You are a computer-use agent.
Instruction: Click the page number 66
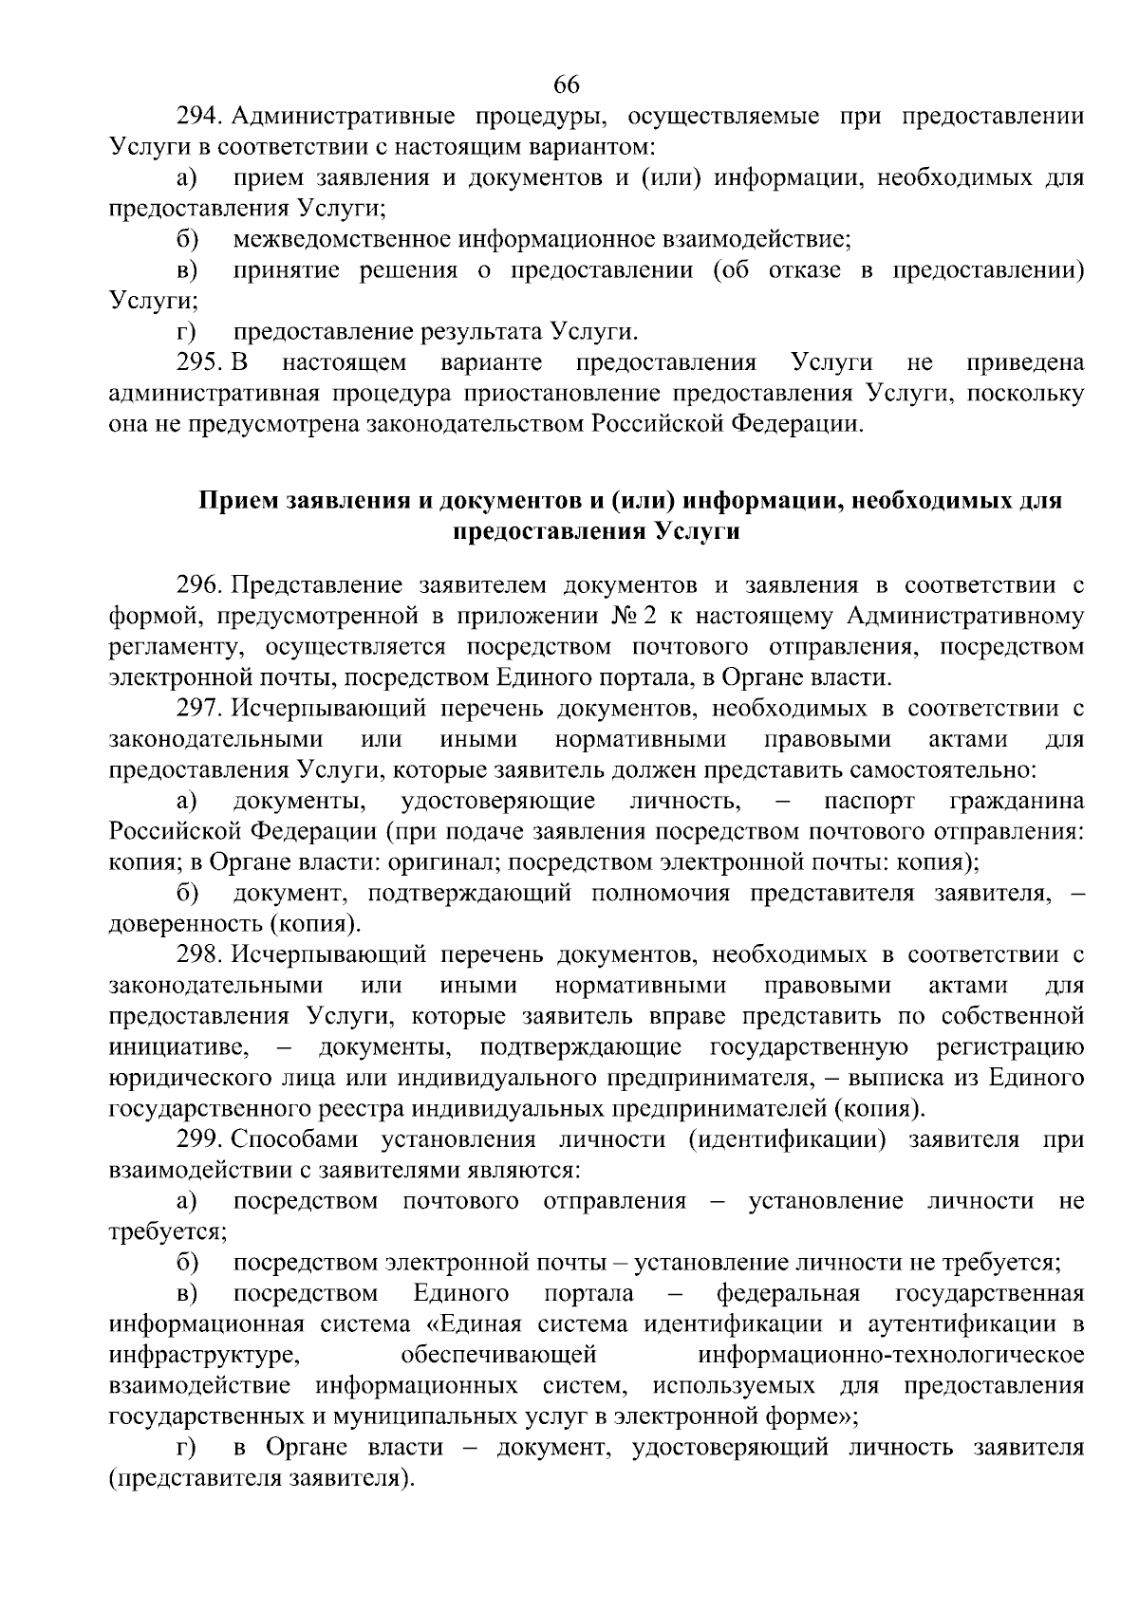tap(567, 84)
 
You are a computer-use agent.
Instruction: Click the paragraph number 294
tap(198, 117)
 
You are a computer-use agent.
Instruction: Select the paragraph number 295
tap(198, 362)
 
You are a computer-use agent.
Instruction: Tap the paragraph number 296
tap(198, 584)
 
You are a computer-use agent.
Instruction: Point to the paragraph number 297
tap(198, 708)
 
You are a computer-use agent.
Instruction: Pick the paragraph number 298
tap(198, 954)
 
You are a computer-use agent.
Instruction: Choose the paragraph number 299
tap(198, 1139)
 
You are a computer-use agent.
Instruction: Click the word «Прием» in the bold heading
tap(237, 501)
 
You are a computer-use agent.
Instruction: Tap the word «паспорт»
tap(869, 801)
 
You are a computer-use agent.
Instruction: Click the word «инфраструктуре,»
tap(204, 1355)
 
